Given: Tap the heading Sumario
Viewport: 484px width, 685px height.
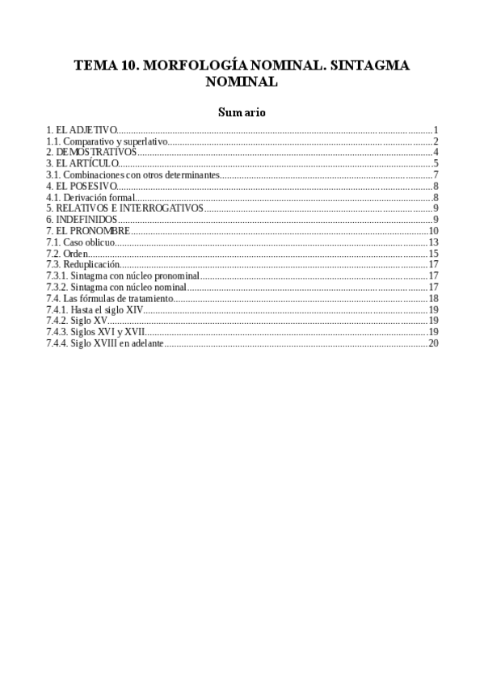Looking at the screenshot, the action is click(242, 112).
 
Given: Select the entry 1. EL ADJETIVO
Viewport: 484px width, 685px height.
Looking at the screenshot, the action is click(82, 130).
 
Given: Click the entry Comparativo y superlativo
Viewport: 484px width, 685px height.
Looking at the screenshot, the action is click(107, 141).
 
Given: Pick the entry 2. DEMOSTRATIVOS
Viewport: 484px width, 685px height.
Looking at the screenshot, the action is click(91, 152).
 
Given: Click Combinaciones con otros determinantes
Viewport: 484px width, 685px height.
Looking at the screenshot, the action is click(133, 174).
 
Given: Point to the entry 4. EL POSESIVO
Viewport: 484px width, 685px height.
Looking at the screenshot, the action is click(82, 186).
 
